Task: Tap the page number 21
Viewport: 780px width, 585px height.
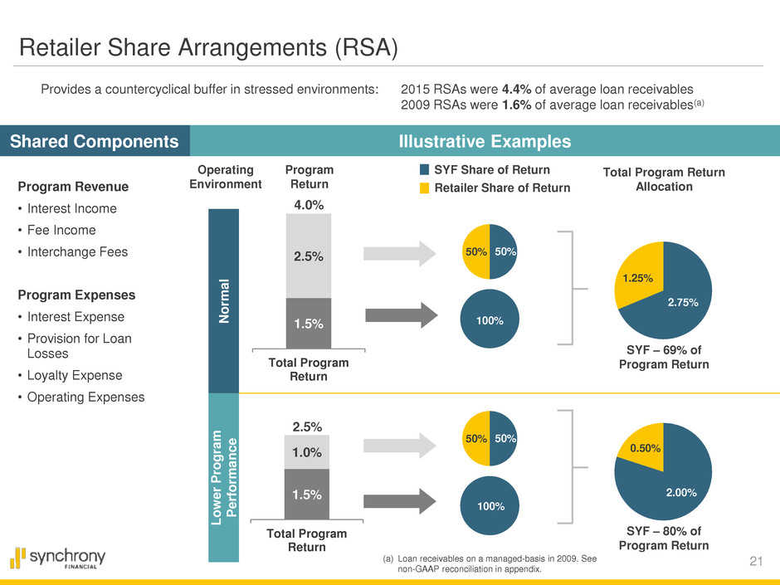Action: pos(755,563)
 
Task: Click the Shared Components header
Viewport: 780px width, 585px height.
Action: pos(95,142)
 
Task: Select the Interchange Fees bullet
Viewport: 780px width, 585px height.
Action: pos(73,251)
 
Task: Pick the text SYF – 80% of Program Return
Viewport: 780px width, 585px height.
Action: pos(663,538)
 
